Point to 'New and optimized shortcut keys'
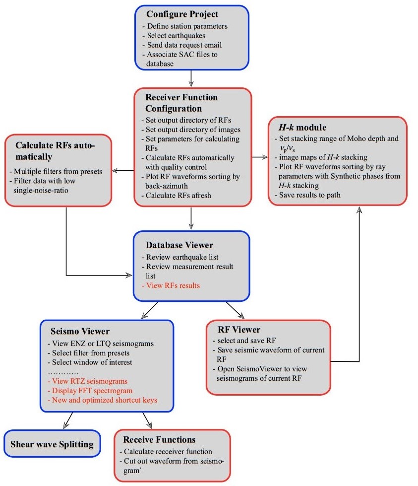click(x=103, y=400)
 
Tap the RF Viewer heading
click(x=239, y=330)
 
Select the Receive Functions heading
click(x=159, y=439)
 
